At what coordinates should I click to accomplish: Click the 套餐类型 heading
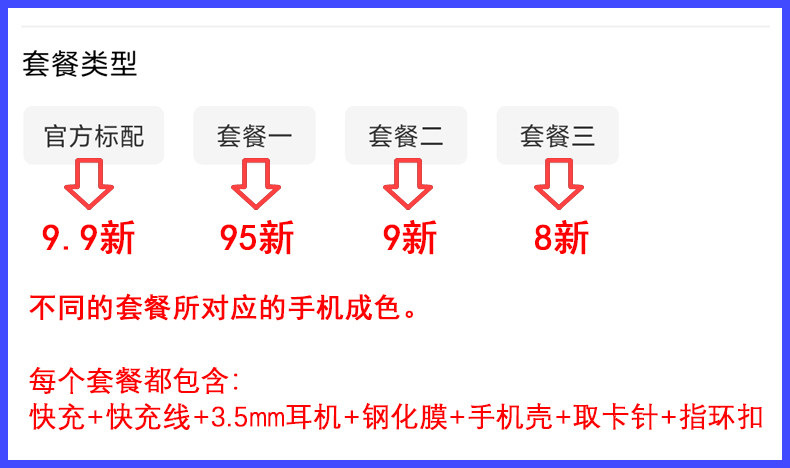pyautogui.click(x=80, y=65)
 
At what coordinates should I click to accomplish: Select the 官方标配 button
pyautogui.click(x=93, y=135)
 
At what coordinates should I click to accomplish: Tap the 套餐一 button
pyautogui.click(x=254, y=135)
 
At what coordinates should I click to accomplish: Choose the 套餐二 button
pyautogui.click(x=405, y=135)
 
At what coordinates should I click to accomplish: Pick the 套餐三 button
pyautogui.click(x=557, y=135)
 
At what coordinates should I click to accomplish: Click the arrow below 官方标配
pyautogui.click(x=89, y=187)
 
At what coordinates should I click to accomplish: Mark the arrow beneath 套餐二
pyautogui.click(x=407, y=187)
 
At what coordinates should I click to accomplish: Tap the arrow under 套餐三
pyautogui.click(x=558, y=187)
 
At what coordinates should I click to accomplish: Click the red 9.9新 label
pyautogui.click(x=88, y=239)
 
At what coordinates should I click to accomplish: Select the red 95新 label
pyautogui.click(x=257, y=239)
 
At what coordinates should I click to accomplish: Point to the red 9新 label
pyautogui.click(x=410, y=239)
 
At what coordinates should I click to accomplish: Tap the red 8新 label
pyautogui.click(x=561, y=239)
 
